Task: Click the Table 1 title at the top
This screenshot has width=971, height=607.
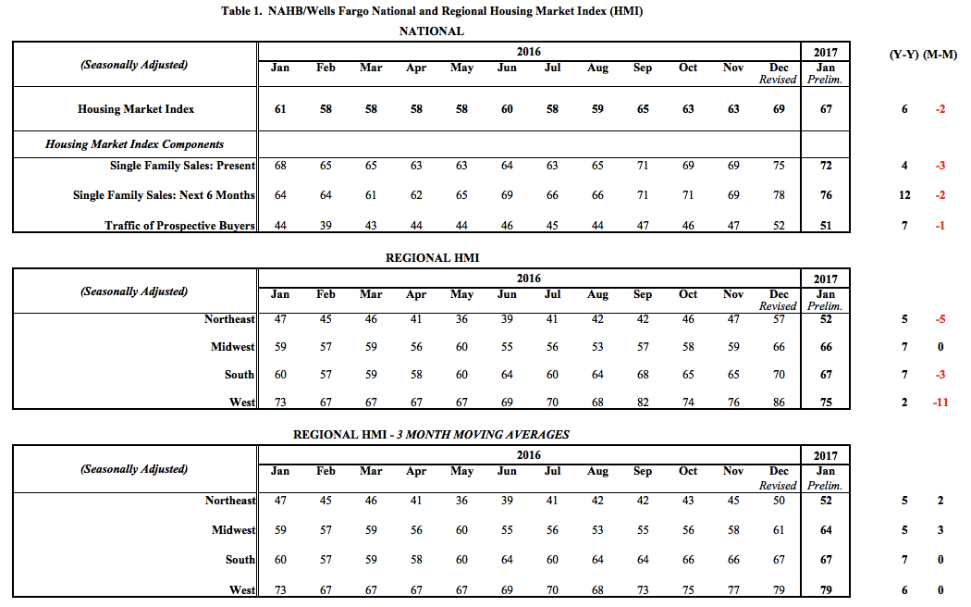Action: click(432, 11)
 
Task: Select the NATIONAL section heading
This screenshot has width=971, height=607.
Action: click(431, 31)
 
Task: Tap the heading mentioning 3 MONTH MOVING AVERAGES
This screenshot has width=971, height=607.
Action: click(431, 434)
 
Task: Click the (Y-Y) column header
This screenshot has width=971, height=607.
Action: click(904, 54)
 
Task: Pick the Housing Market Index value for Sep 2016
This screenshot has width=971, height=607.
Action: click(643, 109)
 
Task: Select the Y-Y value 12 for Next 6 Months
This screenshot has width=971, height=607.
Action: click(904, 195)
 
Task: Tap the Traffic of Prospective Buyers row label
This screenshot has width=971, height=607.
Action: click(179, 226)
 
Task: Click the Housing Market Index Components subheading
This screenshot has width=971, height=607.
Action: click(134, 144)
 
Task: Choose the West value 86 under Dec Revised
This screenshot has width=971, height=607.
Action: click(779, 403)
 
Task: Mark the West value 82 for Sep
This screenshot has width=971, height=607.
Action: click(643, 403)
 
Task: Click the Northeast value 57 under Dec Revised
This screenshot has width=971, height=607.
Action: click(779, 319)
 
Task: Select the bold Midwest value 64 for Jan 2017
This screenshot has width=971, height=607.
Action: click(826, 530)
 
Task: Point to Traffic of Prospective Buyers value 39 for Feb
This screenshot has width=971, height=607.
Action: click(326, 226)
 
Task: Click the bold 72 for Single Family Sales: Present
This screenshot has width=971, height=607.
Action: click(826, 166)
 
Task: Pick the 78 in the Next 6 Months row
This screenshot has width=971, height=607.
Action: click(779, 195)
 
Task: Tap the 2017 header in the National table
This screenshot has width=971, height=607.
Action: click(826, 53)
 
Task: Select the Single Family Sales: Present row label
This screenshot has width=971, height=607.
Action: click(182, 166)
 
